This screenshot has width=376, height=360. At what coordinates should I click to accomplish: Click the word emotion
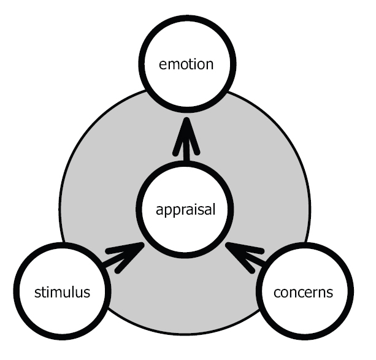188,63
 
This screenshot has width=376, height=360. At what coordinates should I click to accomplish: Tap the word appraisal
186,210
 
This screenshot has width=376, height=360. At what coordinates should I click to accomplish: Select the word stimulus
62,292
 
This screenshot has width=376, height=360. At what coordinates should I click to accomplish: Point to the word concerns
305,292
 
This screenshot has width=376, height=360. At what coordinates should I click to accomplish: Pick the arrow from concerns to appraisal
248,256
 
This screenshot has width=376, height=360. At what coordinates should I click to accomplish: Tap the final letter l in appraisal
215,210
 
